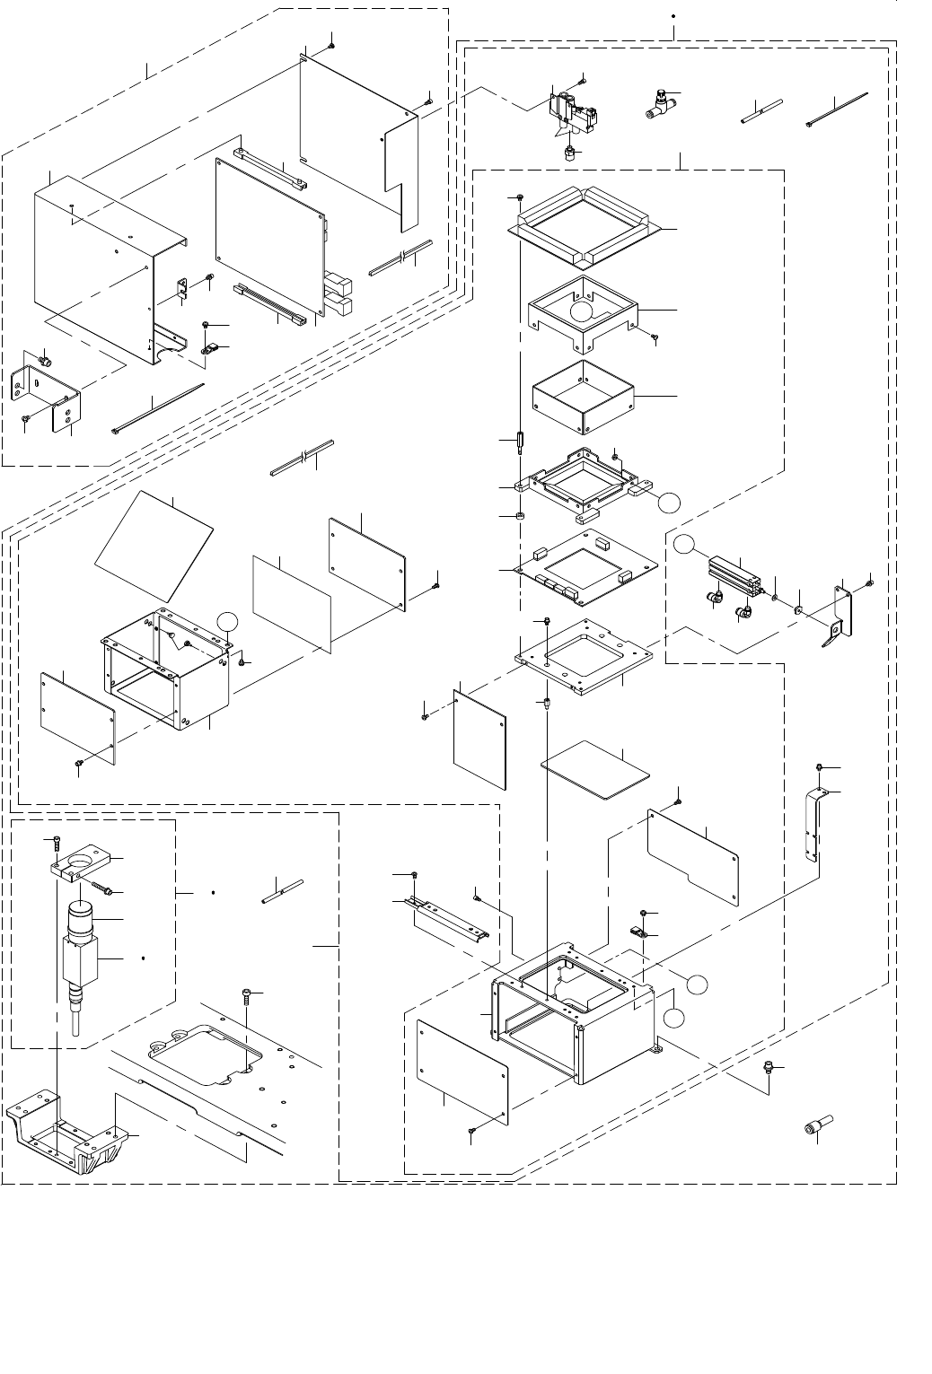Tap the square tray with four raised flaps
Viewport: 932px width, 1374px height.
585,224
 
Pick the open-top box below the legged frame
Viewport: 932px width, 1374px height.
584,395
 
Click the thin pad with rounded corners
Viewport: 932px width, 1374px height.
594,768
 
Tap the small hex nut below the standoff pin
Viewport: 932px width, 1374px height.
520,518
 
